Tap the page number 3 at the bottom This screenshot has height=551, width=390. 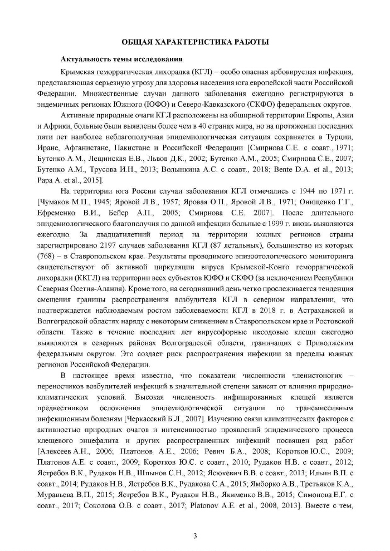(195, 520)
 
